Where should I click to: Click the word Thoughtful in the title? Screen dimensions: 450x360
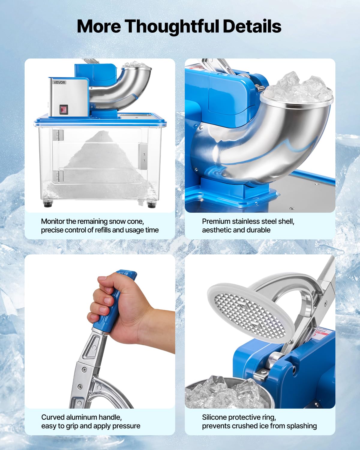(172, 26)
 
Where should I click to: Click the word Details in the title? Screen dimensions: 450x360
(252, 26)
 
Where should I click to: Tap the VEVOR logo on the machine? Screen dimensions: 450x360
(59, 82)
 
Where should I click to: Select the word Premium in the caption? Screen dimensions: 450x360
(214, 221)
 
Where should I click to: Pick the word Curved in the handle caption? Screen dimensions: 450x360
(53, 417)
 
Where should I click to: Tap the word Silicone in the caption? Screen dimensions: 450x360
(214, 417)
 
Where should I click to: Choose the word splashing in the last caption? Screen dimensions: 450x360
(301, 426)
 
